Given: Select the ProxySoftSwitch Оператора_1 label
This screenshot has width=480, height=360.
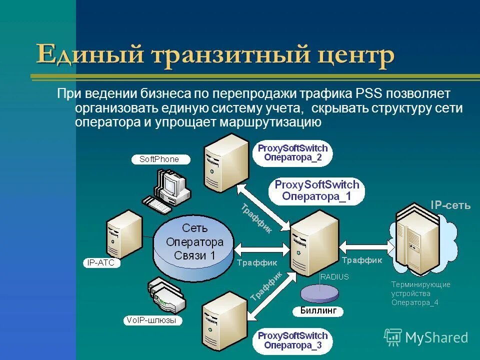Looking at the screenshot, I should coord(316,190).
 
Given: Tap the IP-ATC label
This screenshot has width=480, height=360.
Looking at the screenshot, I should coord(101,262).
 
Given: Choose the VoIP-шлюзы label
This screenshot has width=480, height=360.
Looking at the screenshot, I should coord(153,320).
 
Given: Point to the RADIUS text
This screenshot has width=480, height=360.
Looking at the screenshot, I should coord(334,276).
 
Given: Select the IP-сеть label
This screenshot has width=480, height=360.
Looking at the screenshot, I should coord(450,204).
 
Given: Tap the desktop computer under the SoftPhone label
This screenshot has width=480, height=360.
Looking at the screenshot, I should coord(167,190).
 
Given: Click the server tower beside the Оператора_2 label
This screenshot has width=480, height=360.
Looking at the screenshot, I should coord(225,162).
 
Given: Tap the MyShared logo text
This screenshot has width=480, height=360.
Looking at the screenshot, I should coord(436,337).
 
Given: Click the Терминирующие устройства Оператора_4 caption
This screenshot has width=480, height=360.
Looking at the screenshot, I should coord(420,293).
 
